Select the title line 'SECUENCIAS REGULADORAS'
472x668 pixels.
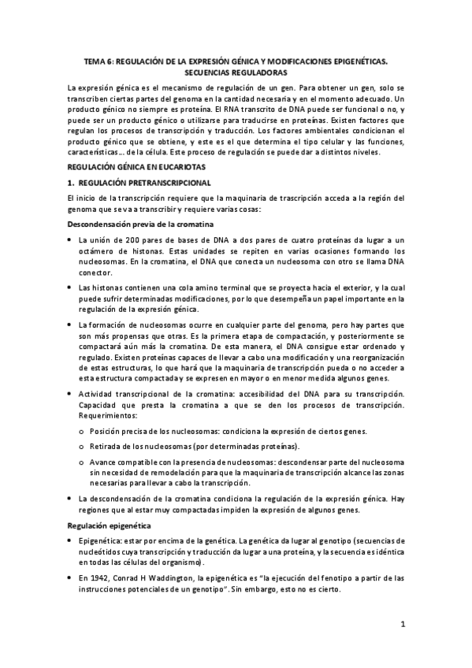(236, 71)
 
